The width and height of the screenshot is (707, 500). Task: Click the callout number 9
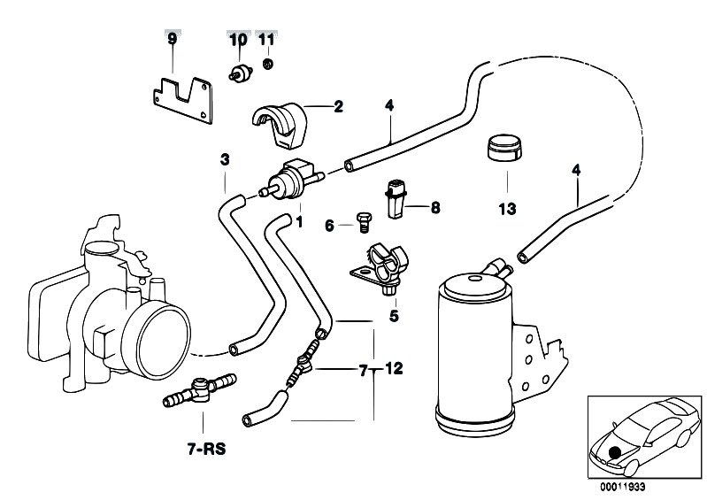173,40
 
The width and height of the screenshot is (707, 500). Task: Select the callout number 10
238,40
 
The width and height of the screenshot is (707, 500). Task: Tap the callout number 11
267,40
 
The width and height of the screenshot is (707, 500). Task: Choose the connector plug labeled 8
396,200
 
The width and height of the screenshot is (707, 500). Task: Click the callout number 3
225,160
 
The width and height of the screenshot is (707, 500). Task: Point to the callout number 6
329,226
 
